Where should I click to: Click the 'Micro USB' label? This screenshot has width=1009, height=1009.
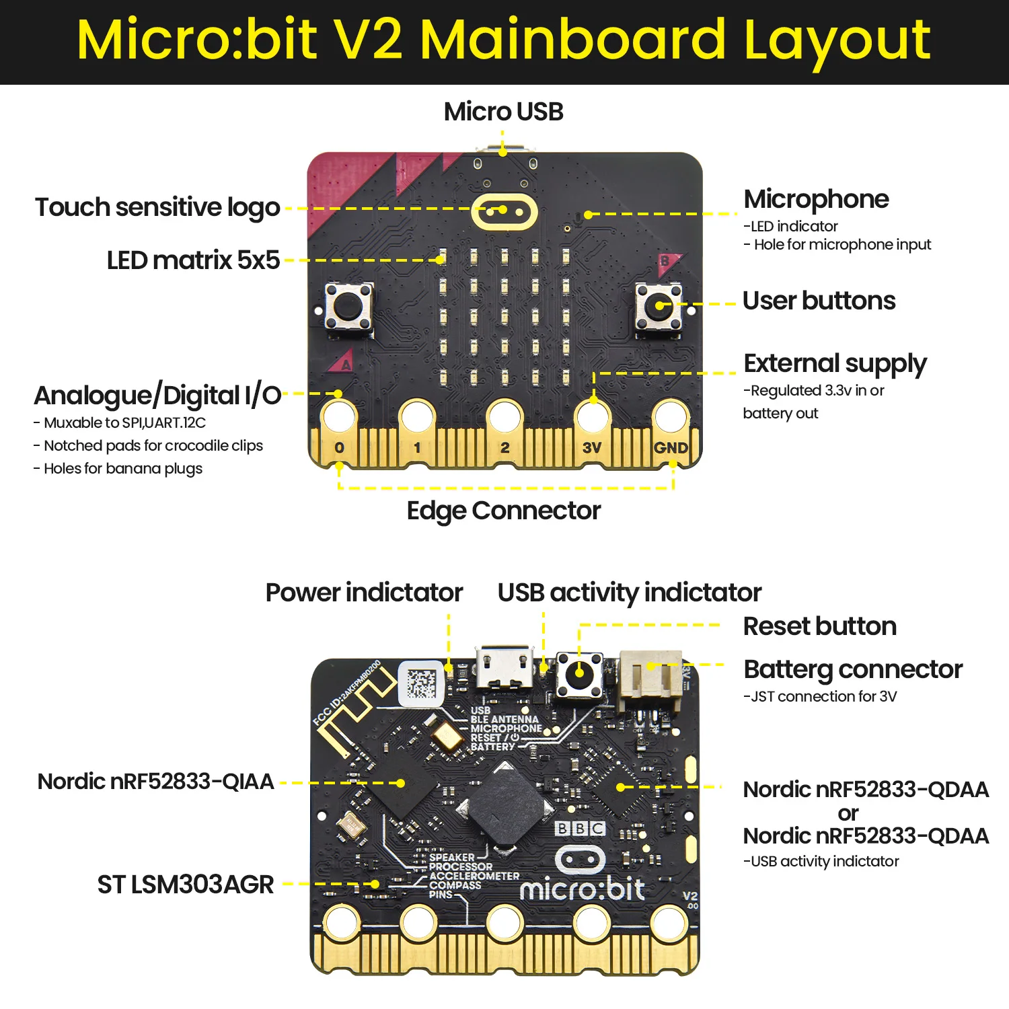(503, 112)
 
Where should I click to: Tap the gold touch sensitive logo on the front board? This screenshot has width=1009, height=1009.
(504, 212)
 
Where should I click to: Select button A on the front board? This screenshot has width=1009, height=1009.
(348, 308)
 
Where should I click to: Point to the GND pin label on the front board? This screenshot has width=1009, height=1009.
(671, 447)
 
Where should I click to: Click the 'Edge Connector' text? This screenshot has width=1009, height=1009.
(503, 511)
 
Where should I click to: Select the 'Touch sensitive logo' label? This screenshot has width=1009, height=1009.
(157, 207)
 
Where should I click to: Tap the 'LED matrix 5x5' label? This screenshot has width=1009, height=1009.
(193, 260)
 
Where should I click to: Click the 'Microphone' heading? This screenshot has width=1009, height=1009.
(816, 199)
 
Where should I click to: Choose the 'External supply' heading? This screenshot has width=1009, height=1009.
(835, 363)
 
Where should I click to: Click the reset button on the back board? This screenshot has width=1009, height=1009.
(579, 673)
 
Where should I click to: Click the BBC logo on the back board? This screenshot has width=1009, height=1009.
(580, 828)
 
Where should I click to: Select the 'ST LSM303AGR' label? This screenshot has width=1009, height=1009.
(186, 885)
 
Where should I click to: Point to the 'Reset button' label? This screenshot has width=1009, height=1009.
(819, 626)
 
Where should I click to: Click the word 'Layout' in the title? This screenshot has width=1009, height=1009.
(837, 40)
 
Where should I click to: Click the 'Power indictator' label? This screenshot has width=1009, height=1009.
(364, 593)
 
